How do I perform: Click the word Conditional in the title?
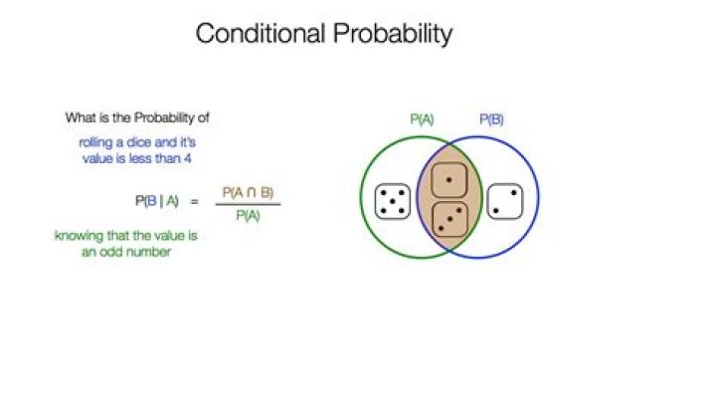261,34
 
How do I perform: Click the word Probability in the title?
393,35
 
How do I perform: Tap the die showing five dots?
393,201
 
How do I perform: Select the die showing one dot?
449,180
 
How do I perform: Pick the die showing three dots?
450,219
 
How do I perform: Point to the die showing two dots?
505,201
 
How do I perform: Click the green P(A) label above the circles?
422,119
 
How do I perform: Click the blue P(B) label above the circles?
491,119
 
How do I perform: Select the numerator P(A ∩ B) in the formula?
248,193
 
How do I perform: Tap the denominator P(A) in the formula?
248,215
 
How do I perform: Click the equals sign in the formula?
195,201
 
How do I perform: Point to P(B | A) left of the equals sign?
157,201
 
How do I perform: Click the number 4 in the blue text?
187,159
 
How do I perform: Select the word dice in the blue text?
139,142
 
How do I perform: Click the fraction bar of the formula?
248,204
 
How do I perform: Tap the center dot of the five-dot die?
393,201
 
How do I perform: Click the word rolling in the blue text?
95,143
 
